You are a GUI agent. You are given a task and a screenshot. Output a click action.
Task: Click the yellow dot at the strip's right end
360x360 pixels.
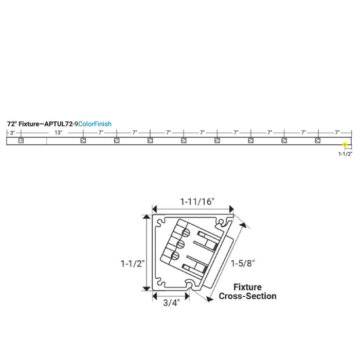pos(345,145)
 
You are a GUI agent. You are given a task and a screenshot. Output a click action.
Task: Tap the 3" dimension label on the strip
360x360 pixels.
pos(12,133)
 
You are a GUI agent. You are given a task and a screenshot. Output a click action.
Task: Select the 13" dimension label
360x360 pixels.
pos(58,133)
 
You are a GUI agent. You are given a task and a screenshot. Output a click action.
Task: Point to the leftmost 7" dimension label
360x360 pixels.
pos(101,133)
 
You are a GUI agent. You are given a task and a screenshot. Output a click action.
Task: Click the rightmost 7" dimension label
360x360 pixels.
pos(337,133)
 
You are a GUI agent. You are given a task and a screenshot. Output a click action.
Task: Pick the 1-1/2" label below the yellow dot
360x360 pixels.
pos(345,154)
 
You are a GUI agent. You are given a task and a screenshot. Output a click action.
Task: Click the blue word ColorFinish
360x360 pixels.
pos(95,124)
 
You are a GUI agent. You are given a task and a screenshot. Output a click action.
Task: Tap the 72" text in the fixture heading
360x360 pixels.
pos(12,124)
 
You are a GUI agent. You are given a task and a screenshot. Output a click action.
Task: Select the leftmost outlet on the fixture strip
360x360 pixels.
pos(21,140)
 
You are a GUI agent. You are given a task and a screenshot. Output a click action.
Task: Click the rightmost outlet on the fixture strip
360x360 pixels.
pos(317,140)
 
